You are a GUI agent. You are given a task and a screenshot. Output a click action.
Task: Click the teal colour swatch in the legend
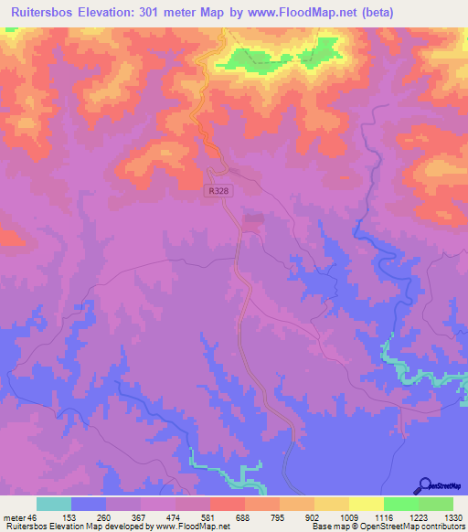tap(53, 504)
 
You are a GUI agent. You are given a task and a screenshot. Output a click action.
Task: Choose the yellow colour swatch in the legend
tap(366, 504)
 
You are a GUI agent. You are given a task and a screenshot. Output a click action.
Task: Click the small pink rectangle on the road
tap(253, 218)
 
